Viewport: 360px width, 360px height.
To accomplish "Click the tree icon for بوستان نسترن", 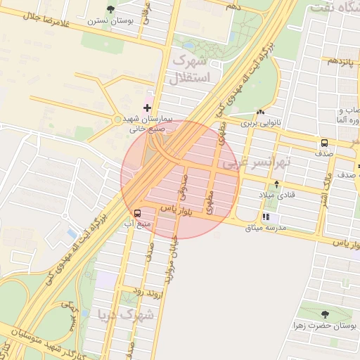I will coord(110,9).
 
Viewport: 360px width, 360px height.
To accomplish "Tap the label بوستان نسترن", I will coord(110,20).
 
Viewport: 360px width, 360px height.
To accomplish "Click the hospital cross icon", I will coord(147,108).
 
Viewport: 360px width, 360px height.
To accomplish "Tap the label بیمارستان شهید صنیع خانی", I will coord(146,124).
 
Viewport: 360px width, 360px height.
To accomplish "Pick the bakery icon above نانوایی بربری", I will coord(261,112).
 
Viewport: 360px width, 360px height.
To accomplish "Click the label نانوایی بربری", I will coord(261,123).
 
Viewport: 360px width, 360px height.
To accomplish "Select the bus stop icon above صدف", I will coord(324,141).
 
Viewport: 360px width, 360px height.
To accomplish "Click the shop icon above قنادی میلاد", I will coord(276,184).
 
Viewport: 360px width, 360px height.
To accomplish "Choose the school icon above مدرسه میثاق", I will coord(266,217).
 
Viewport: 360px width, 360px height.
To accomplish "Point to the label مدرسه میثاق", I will coord(266,228).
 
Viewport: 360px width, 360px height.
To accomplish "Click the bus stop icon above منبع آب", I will coord(138,212).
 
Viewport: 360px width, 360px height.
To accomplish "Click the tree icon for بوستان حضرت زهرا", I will coord(324,315).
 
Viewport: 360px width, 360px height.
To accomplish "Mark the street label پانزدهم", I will coord(342,61).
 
